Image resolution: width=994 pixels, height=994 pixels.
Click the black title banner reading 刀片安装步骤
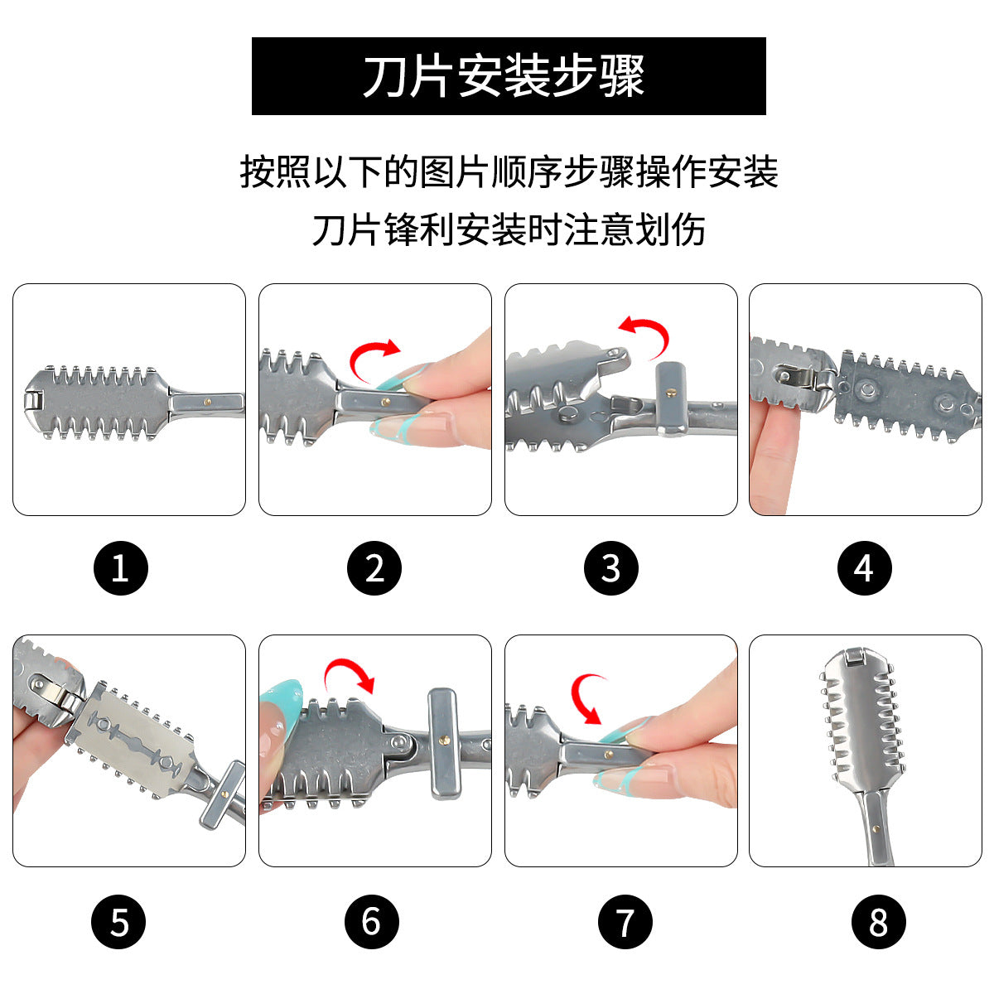pyautogui.click(x=509, y=76)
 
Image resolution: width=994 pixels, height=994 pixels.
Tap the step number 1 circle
pyautogui.click(x=121, y=568)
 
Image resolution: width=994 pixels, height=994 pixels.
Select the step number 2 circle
pyautogui.click(x=374, y=568)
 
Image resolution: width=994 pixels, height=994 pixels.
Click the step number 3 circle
pyautogui.click(x=610, y=568)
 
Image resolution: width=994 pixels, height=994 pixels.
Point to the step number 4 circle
pyautogui.click(x=865, y=568)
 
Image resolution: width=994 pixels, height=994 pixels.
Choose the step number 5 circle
pyautogui.click(x=118, y=922)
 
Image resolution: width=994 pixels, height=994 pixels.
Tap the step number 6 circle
pyautogui.click(x=371, y=922)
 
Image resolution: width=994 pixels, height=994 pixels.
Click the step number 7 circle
pyautogui.click(x=625, y=922)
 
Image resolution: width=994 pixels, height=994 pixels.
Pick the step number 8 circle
pyautogui.click(x=879, y=922)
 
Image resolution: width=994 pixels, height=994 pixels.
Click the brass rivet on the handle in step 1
pyautogui.click(x=207, y=401)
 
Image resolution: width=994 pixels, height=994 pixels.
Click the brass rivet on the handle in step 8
pyautogui.click(x=876, y=829)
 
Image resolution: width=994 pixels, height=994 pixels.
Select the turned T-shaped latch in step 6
pyautogui.click(x=442, y=743)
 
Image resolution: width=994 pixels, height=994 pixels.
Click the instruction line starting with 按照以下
pyautogui.click(x=509, y=171)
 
